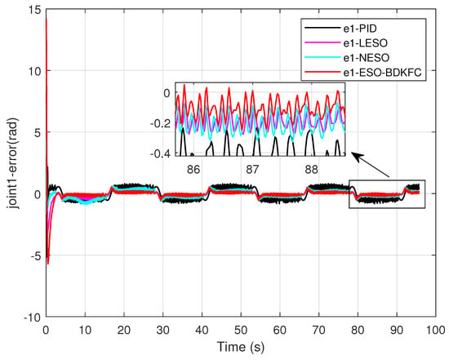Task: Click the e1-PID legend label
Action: [x=360, y=29]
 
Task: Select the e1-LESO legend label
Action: [x=366, y=43]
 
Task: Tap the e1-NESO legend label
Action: [x=367, y=58]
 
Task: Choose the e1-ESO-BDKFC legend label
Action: [x=383, y=73]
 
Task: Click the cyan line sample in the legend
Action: [x=322, y=58]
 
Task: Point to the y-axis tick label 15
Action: [x=36, y=11]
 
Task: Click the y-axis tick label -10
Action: [x=33, y=317]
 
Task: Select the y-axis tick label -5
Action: [x=37, y=256]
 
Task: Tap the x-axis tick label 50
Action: [x=241, y=331]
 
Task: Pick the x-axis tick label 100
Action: [x=436, y=331]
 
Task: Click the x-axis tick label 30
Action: [x=162, y=331]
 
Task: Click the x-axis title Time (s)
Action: [x=241, y=347]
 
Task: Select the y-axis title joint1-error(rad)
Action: [x=13, y=163]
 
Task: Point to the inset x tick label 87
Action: [x=252, y=170]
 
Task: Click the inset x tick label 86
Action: [x=193, y=170]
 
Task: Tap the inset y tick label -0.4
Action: [x=161, y=153]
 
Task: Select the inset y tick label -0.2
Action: [x=161, y=123]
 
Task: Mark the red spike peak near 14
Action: [x=46, y=20]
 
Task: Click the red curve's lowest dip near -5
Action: [x=48, y=264]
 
